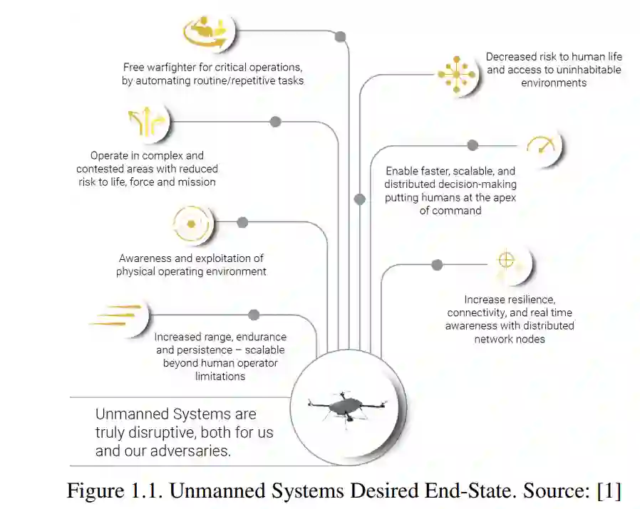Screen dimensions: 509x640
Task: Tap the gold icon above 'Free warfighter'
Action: [x=206, y=31]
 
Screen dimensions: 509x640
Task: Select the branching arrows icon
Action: [x=146, y=122]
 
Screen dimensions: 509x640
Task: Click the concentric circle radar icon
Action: [x=191, y=224]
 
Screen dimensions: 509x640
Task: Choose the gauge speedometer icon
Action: [x=542, y=146]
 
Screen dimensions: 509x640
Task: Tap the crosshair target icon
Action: [x=506, y=261]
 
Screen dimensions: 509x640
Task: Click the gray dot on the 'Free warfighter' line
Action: [x=340, y=36]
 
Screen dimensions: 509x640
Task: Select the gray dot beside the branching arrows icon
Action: [x=276, y=122]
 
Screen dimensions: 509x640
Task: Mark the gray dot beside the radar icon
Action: [x=242, y=222]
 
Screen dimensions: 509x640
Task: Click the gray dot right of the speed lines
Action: [x=254, y=315]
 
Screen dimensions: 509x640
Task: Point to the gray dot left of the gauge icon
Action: [x=473, y=145]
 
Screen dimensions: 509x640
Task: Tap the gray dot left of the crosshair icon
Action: [x=437, y=265]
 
